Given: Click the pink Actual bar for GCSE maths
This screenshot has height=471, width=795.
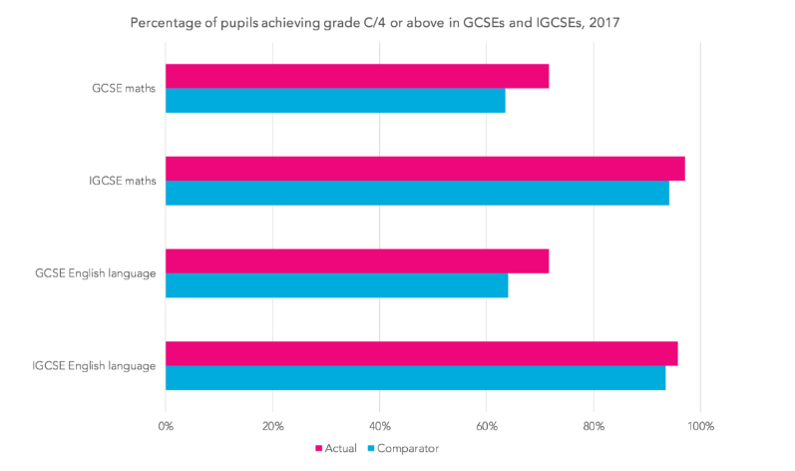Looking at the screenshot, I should pyautogui.click(x=357, y=76).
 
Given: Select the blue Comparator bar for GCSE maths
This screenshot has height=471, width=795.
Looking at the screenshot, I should pyautogui.click(x=335, y=100).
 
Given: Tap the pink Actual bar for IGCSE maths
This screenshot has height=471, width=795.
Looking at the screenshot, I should pyautogui.click(x=425, y=169).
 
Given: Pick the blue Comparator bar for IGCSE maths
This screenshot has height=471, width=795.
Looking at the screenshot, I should pyautogui.click(x=417, y=193).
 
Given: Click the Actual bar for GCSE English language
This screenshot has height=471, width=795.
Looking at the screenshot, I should pyautogui.click(x=357, y=260).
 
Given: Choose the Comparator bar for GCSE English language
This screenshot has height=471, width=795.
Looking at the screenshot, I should pyautogui.click(x=336, y=284).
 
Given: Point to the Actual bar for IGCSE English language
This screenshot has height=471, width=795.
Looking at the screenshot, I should pyautogui.click(x=421, y=353).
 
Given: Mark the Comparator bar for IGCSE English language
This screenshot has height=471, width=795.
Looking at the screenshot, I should pyautogui.click(x=415, y=377).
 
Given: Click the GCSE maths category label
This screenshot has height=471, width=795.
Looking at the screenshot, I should pyautogui.click(x=122, y=89).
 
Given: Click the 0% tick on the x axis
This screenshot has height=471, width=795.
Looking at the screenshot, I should pyautogui.click(x=166, y=427).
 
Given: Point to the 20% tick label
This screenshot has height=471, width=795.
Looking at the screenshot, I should pyautogui.click(x=272, y=427).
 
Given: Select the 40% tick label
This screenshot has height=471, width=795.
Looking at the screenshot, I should pyautogui.click(x=379, y=427).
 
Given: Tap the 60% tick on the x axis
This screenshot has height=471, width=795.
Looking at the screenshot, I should pyautogui.click(x=486, y=427).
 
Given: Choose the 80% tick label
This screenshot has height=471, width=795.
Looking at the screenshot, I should pyautogui.click(x=594, y=427).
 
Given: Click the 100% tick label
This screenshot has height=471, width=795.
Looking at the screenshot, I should pyautogui.click(x=700, y=427).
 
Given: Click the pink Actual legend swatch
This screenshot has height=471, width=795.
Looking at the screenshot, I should pyautogui.click(x=319, y=449).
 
